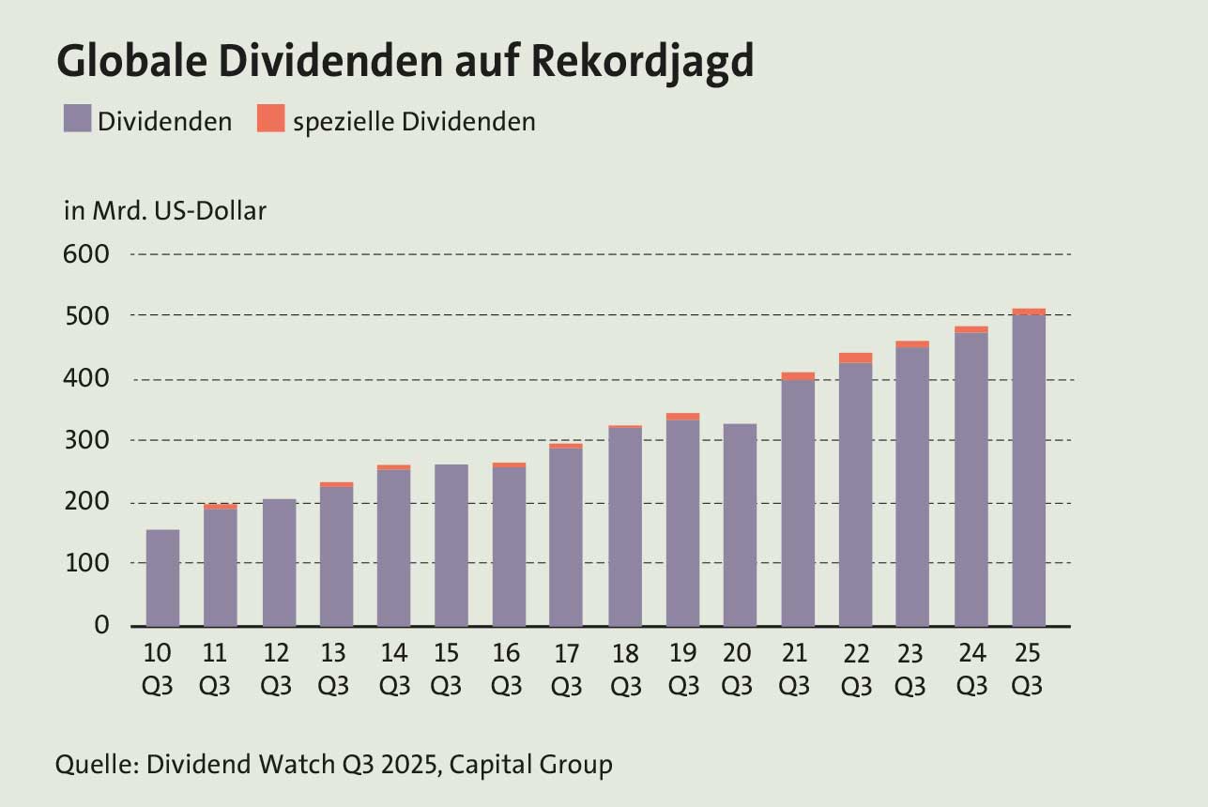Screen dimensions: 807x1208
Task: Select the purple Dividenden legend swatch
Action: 77,120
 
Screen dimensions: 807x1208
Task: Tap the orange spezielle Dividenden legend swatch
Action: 270,120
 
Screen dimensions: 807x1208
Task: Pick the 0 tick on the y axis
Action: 102,625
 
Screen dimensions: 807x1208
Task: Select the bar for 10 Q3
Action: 162,577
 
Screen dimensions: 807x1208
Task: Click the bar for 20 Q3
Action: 740,525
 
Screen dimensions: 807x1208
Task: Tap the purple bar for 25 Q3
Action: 1029,469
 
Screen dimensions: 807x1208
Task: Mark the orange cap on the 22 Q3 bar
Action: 855,358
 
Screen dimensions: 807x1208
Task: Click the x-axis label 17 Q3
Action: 566,669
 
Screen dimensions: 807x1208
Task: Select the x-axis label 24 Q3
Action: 971,669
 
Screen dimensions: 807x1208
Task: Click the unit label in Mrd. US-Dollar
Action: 165,211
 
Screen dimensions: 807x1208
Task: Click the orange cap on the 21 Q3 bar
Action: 798,376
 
